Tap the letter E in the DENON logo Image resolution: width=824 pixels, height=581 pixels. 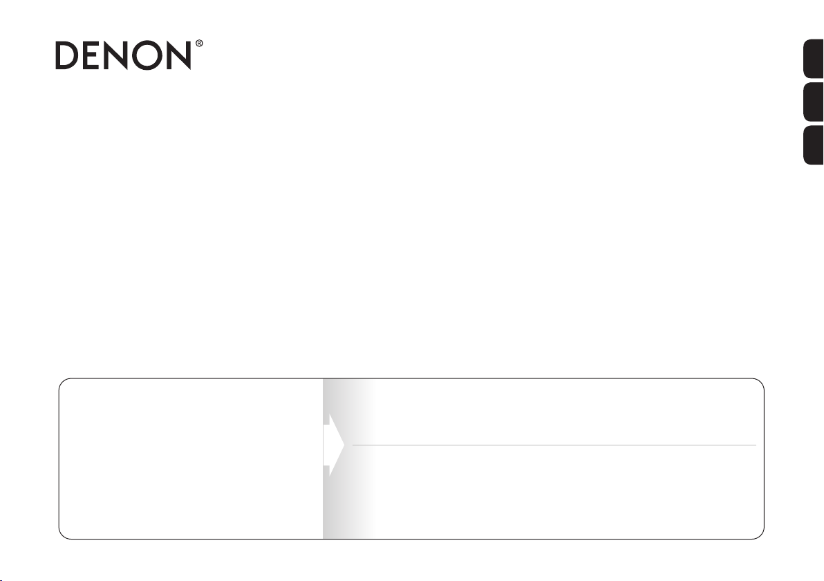coord(91,55)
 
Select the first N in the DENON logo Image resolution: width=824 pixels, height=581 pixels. coord(115,55)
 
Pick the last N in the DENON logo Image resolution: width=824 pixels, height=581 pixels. coord(178,55)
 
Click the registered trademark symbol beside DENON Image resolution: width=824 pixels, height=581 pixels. coord(199,44)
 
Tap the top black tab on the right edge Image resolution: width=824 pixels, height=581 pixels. coord(814,59)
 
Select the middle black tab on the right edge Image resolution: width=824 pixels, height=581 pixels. coord(814,102)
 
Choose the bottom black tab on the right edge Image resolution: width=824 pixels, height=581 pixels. coord(814,145)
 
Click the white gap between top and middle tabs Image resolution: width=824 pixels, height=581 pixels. coord(814,80)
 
